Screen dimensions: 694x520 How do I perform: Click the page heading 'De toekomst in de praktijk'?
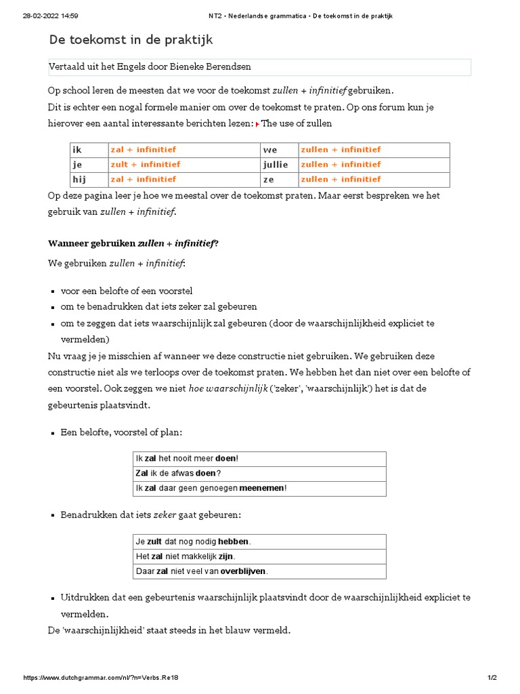[131, 40]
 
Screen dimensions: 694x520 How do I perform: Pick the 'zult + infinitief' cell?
[146, 165]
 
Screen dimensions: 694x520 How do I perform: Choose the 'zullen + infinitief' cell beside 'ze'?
[341, 180]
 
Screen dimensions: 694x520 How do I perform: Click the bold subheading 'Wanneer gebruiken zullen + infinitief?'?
[133, 243]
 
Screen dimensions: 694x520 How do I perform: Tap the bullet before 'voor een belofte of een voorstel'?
[53, 291]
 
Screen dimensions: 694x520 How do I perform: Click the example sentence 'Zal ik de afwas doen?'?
[179, 473]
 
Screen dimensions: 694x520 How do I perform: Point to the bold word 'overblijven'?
[242, 571]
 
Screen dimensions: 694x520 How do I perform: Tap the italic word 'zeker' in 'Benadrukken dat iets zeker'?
[165, 515]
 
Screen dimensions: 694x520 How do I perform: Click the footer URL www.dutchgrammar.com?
[101, 678]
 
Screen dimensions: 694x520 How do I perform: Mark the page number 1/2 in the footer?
[492, 678]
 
